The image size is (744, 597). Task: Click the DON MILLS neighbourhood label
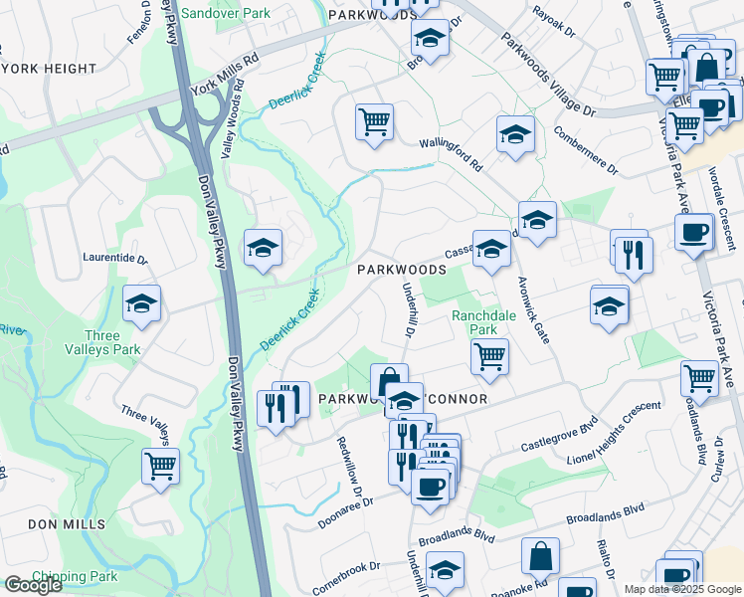(67, 524)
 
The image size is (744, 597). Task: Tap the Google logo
(33, 585)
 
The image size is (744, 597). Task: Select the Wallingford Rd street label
(450, 152)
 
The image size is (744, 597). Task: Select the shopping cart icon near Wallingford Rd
(374, 122)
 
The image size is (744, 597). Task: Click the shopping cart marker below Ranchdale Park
(488, 357)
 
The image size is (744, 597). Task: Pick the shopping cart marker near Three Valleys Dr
(160, 465)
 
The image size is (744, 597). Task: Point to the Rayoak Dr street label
(554, 20)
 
